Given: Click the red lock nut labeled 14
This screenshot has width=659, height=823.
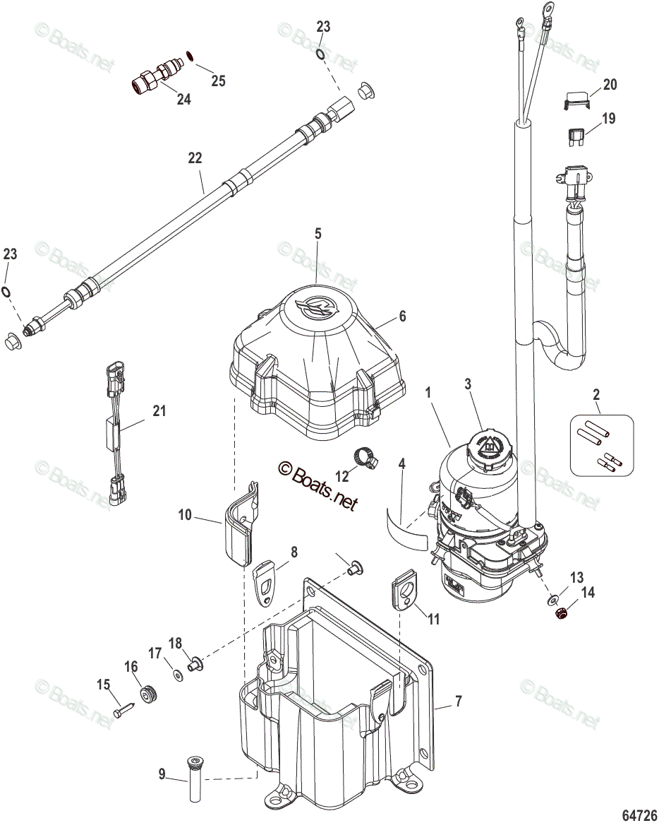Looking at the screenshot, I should [x=562, y=613].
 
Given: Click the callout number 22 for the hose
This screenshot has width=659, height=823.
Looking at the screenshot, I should [x=195, y=159].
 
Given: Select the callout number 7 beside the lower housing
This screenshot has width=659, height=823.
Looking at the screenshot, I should [x=458, y=701].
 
